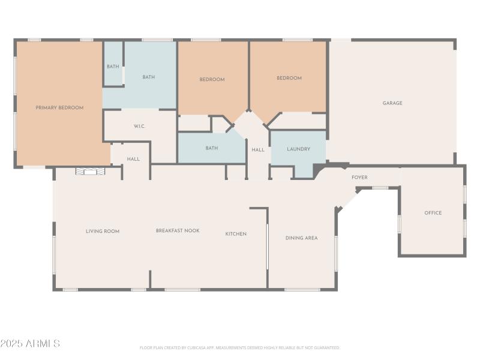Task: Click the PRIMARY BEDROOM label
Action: point(59,107)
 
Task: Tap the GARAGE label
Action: point(392,103)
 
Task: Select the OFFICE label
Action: point(433,213)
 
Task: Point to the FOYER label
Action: point(359,178)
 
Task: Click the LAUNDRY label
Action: point(298,149)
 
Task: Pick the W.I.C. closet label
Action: point(139,126)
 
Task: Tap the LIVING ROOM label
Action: point(102,231)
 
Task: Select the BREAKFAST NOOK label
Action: point(178,230)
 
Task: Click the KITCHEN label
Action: point(236,234)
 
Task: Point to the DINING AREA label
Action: point(301,238)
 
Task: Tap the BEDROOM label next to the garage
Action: point(289,78)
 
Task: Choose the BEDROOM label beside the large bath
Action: point(212,79)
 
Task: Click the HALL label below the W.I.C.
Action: point(133,159)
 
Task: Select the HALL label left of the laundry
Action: point(258,150)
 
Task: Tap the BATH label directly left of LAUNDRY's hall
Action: point(211,148)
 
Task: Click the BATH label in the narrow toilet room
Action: point(113,67)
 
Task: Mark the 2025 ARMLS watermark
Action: point(30,344)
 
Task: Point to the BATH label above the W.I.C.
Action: point(149,77)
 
